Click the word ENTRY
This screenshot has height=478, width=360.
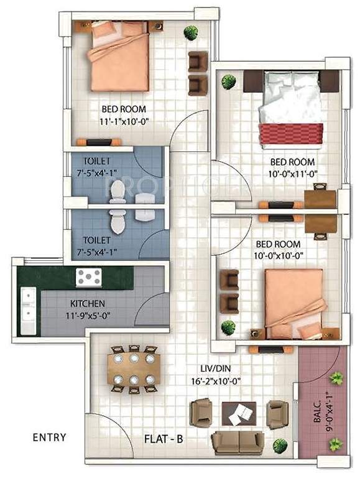point(48,437)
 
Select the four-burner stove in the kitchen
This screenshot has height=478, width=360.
point(89,276)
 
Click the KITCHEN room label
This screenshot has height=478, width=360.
point(87,304)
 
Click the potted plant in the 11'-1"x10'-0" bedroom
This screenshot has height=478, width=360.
point(190,33)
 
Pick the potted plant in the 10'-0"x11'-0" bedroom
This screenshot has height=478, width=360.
point(229,80)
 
